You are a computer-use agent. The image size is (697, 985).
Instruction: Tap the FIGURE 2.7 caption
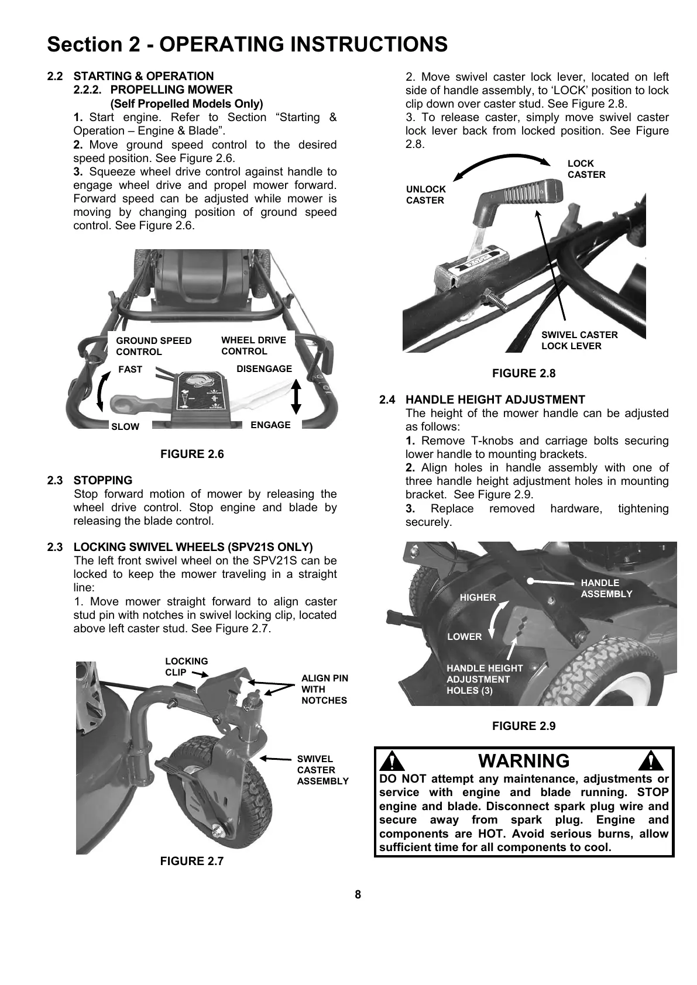[192, 860]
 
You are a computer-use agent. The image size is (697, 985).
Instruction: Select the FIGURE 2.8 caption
[524, 373]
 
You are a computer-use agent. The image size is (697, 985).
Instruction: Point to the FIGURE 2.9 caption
[524, 726]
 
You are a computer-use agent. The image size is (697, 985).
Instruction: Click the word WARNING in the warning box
[524, 760]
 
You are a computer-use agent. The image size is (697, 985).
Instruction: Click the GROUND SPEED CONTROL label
[153, 346]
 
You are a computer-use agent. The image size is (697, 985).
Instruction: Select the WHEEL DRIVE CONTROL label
[253, 345]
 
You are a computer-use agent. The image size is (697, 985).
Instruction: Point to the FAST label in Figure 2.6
[130, 369]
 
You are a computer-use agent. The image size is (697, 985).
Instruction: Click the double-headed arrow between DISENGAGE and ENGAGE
[296, 397]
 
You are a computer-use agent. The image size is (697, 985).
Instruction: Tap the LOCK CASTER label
[586, 169]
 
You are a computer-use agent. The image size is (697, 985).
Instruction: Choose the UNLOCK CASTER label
[425, 195]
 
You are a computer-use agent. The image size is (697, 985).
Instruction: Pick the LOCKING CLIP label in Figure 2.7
[186, 667]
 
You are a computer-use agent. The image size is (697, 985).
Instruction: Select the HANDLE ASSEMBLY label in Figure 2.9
[606, 588]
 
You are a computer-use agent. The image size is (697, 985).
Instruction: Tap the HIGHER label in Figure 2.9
[478, 597]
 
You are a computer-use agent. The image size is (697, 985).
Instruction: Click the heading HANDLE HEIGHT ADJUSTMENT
[495, 399]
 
